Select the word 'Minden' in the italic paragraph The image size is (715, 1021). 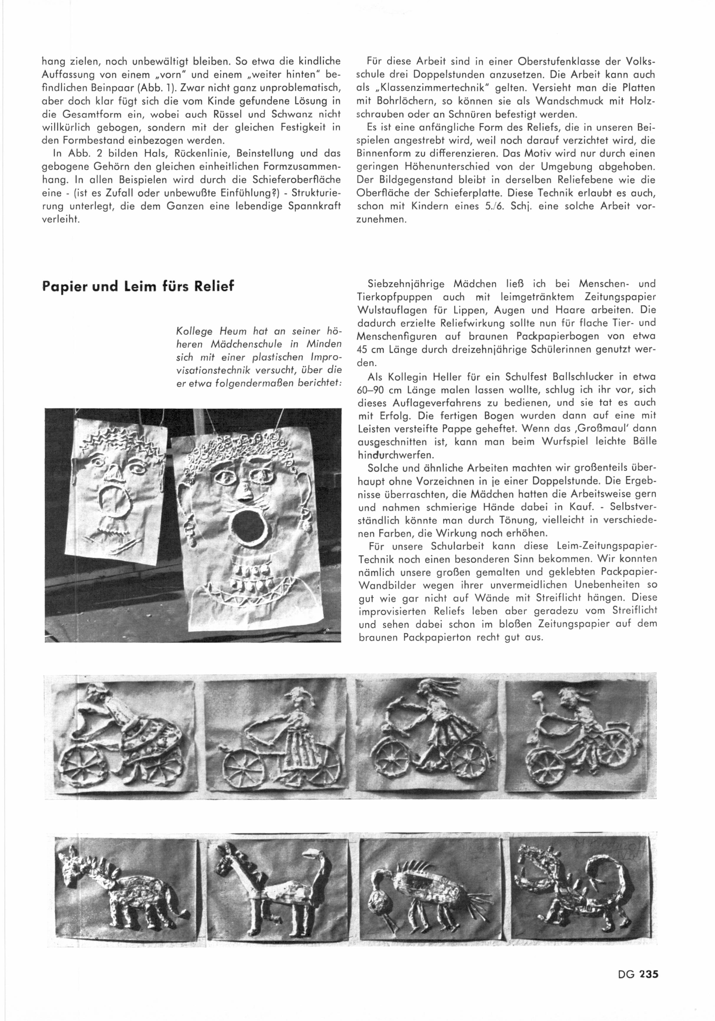coord(325,344)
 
